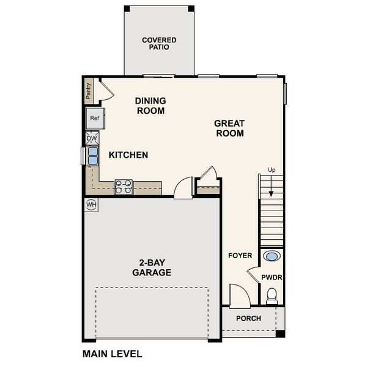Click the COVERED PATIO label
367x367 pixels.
tap(159, 44)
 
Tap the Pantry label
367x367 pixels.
tap(89, 91)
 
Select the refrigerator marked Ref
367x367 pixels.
tap(95, 118)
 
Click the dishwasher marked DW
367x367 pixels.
tap(92, 139)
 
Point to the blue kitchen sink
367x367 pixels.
tap(92, 157)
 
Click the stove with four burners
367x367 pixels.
tap(124, 186)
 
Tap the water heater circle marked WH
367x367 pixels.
tap(91, 204)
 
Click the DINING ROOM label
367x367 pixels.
tap(150, 106)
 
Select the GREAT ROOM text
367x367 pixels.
tap(229, 128)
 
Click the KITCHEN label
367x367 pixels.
tap(128, 155)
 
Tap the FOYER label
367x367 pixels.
tap(240, 255)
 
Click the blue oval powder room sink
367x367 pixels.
tap(273, 256)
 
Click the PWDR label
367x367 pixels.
tap(272, 277)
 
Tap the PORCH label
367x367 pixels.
tap(248, 319)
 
